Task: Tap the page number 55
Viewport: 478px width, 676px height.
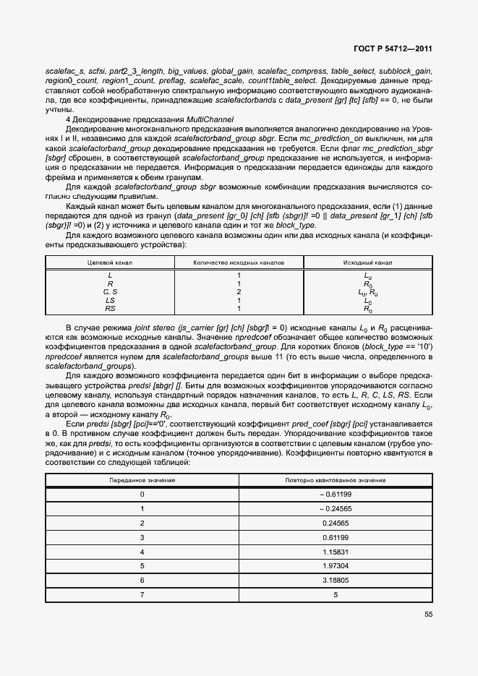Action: coord(428,615)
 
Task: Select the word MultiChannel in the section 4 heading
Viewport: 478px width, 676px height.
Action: coord(210,118)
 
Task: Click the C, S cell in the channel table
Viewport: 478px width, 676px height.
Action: coord(110,292)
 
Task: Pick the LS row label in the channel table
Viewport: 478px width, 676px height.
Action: coord(110,300)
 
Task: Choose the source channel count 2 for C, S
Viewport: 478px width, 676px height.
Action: coord(239,292)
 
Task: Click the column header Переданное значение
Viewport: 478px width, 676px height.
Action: coord(142,480)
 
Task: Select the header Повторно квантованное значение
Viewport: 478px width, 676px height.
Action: coord(336,480)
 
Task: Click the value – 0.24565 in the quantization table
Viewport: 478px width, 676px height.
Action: coord(335,508)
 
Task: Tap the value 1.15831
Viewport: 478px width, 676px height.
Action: coord(336,552)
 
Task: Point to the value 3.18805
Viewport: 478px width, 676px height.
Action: coord(336,580)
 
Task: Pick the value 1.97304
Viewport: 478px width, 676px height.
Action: coord(336,565)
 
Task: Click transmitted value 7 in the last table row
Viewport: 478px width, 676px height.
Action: coord(142,594)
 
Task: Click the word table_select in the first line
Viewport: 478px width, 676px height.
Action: coord(354,71)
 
